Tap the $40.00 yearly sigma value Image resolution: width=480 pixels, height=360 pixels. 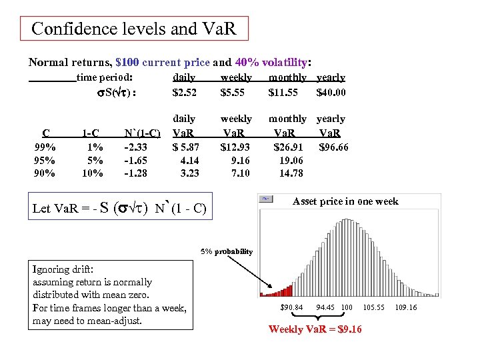tap(331, 92)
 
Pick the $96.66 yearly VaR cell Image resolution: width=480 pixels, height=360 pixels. tap(333, 147)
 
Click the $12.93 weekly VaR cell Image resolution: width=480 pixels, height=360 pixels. tap(235, 147)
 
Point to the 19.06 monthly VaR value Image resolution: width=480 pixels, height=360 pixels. tap(289, 160)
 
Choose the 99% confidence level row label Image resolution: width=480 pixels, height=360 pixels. tap(45, 147)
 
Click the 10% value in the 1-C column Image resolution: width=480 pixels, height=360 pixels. tap(92, 173)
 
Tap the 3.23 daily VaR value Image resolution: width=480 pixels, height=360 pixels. tap(189, 173)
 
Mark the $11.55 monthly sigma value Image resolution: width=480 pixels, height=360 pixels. tap(283, 92)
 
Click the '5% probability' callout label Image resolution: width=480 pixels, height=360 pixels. tap(227, 251)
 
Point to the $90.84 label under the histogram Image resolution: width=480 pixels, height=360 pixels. tap(291, 307)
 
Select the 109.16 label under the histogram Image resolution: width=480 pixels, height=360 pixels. tap(405, 307)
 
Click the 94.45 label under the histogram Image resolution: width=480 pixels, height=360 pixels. tap(325, 307)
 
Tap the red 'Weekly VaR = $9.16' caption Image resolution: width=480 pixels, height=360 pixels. tap(315, 329)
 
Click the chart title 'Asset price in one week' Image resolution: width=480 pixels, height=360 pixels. tap(345, 201)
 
